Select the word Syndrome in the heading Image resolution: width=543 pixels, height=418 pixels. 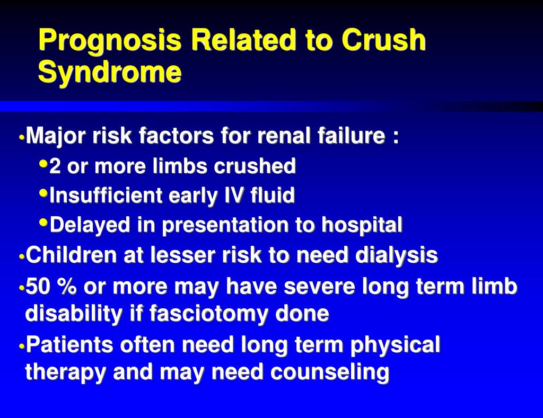click(109, 73)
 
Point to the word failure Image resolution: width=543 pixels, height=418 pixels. click(352, 137)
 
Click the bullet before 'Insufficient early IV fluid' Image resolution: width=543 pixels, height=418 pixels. click(44, 194)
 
